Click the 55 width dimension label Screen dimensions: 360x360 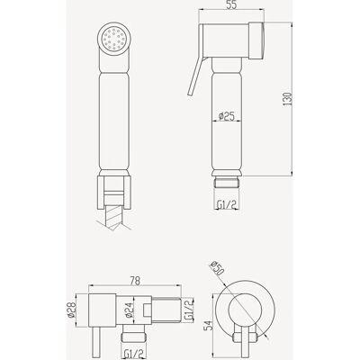(231, 5)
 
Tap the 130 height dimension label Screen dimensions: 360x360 (287, 99)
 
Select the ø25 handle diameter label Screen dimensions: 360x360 (227, 116)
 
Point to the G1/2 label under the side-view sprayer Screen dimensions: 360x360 (227, 204)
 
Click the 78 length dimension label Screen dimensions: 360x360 (135, 281)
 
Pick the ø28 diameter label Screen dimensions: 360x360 (71, 310)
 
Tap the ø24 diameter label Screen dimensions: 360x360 (128, 310)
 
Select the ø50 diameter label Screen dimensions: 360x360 (219, 269)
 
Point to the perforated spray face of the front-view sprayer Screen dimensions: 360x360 (114, 39)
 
